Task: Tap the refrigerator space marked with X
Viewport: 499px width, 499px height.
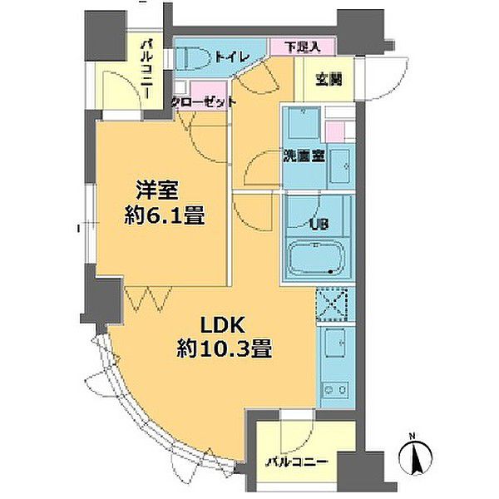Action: pos(337,302)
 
